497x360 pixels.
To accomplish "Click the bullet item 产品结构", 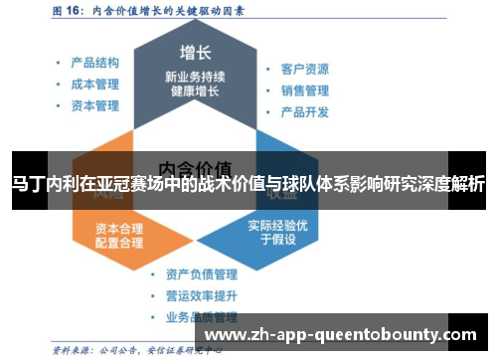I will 94,63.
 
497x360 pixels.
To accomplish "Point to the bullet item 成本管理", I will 94,85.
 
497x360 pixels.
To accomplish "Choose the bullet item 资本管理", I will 94,105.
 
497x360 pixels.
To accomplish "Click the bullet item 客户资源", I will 304,70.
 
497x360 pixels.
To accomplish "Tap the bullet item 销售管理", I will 304,90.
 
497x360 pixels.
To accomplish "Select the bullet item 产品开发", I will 304,111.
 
